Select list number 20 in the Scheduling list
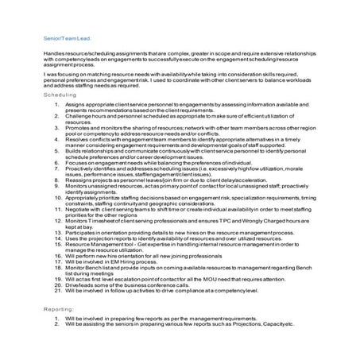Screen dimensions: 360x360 pyautogui.click(x=58, y=286)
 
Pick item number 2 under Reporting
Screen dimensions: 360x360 pyautogui.click(x=56, y=324)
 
